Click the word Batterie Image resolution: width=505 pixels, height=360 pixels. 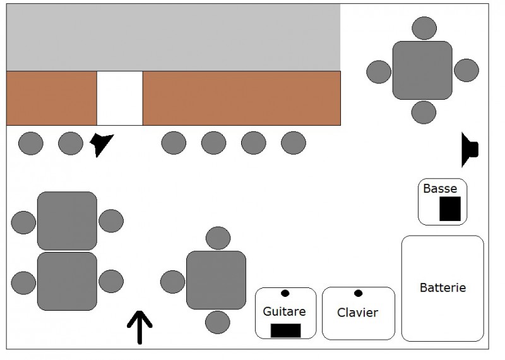(x=443, y=287)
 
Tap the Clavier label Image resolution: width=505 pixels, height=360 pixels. (x=357, y=312)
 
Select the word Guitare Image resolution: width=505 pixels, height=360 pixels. (x=284, y=311)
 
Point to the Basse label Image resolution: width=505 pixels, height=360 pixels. (x=440, y=189)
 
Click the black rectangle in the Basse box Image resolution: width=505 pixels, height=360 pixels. (x=450, y=208)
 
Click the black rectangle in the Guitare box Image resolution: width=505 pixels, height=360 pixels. (x=286, y=331)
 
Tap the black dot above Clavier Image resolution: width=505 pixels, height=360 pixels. (x=358, y=293)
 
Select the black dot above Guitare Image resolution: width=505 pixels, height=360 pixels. (x=285, y=293)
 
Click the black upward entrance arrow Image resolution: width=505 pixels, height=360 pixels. (x=140, y=327)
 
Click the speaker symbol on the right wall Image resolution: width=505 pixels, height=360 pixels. (x=469, y=150)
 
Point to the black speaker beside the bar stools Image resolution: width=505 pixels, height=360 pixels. (x=101, y=144)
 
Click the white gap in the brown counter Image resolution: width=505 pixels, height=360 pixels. (x=120, y=98)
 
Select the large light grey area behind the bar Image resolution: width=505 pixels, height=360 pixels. (x=173, y=37)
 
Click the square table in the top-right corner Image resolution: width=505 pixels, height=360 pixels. (x=422, y=70)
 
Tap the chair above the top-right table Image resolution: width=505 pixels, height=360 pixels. (x=424, y=28)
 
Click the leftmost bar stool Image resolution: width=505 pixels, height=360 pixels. (x=30, y=143)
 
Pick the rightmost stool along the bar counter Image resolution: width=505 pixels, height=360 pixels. (x=294, y=143)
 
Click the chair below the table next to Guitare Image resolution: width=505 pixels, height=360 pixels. (x=218, y=322)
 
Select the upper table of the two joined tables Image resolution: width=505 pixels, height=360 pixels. (x=67, y=221)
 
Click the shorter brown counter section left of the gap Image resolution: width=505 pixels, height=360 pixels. (x=52, y=98)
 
